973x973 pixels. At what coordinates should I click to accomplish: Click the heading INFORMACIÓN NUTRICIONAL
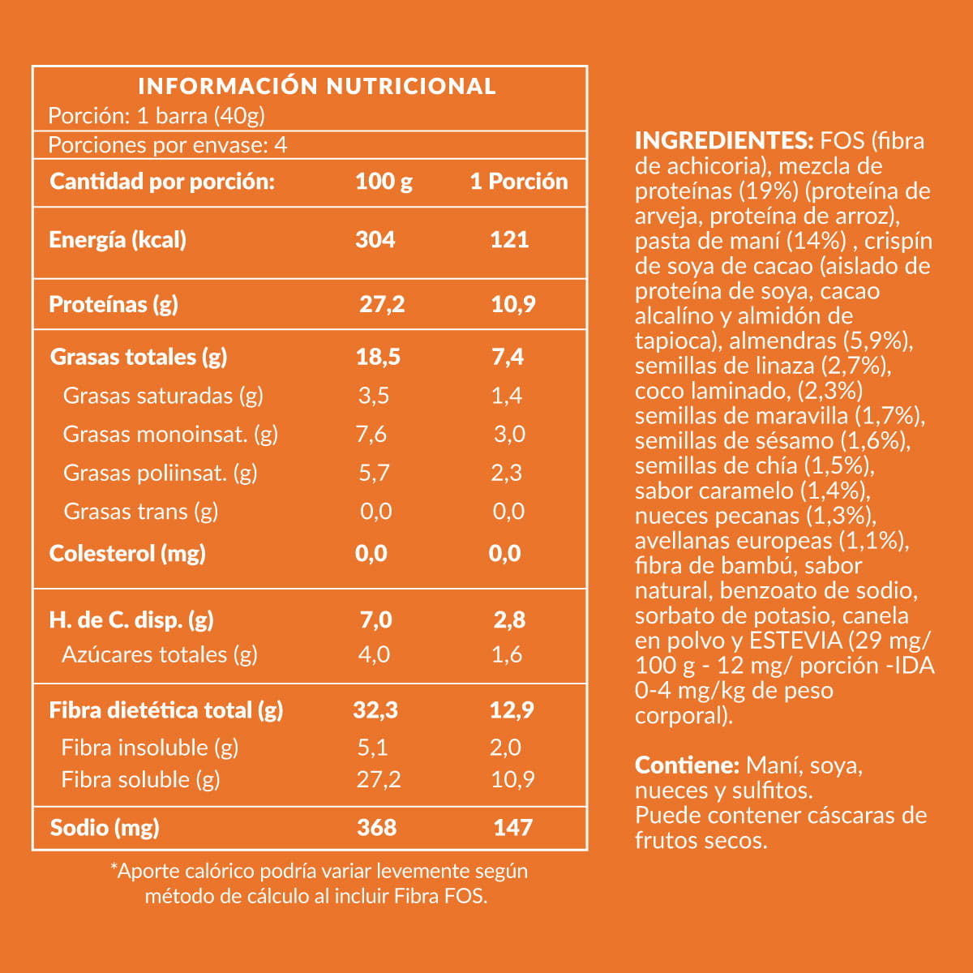coord(317,86)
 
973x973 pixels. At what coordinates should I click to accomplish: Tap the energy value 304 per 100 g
coord(375,239)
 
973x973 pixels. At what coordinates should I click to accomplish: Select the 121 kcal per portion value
coord(509,239)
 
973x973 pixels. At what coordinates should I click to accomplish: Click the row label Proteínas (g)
coord(114,304)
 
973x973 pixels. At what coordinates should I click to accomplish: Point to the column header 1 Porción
coord(519,181)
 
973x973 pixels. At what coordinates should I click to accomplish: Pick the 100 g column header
coord(384,181)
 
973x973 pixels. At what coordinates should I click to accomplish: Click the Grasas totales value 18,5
coord(378,357)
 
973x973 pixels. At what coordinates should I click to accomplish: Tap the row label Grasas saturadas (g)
coord(163,396)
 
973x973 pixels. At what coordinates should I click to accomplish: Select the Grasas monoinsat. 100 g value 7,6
coord(371,434)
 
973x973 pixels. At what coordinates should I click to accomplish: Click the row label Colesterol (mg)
coord(127,553)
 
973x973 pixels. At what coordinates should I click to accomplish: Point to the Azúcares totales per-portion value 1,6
coord(507,654)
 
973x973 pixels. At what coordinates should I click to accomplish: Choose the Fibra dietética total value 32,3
coord(375,710)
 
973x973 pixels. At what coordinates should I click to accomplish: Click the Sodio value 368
coord(377,827)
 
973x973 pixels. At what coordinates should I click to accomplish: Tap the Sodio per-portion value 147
coord(513,827)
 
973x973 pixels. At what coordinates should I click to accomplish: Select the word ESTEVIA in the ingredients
coord(795,641)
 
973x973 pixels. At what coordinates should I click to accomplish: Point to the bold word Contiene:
coord(687,765)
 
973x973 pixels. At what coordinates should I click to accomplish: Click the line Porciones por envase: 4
coord(168,145)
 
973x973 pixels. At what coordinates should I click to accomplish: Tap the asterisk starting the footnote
coord(114,869)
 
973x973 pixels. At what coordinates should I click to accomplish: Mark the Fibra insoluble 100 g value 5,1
coord(373,747)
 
